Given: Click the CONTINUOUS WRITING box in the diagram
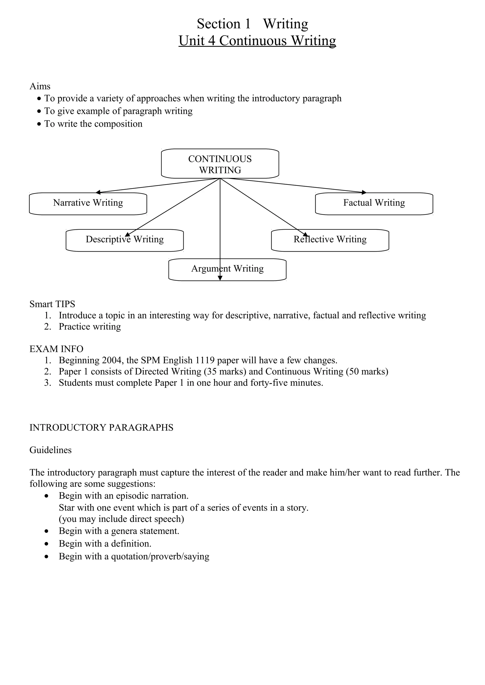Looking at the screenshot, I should click(x=220, y=164).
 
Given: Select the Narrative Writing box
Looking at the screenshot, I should click(x=88, y=204).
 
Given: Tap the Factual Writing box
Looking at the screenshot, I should click(x=374, y=204).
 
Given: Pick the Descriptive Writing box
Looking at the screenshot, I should click(x=125, y=240).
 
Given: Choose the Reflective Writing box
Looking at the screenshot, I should click(x=330, y=240).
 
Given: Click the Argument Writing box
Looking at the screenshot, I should click(x=227, y=269).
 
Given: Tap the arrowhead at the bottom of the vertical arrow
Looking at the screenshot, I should click(x=220, y=278).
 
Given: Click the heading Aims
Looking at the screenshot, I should click(x=40, y=86).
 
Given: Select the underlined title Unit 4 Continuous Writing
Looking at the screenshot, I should click(x=257, y=41).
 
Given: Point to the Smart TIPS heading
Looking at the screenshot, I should click(x=52, y=304).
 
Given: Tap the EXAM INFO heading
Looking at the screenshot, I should click(x=56, y=349).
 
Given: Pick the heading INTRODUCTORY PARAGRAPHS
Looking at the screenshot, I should click(x=101, y=428).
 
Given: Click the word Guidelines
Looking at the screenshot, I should click(x=50, y=450).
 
